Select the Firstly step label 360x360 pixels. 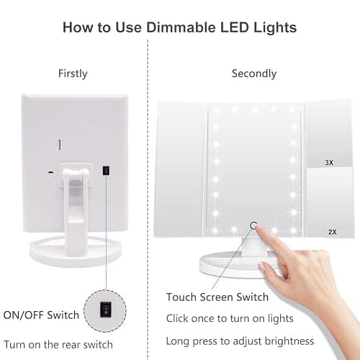(73, 73)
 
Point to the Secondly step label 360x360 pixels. (254, 73)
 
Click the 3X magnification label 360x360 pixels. (329, 163)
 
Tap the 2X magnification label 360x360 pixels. (333, 232)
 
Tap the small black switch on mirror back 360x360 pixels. (105, 171)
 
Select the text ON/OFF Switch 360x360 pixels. (41, 315)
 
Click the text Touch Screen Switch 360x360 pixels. (217, 297)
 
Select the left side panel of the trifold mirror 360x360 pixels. (180, 169)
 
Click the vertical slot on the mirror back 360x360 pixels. (60, 145)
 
